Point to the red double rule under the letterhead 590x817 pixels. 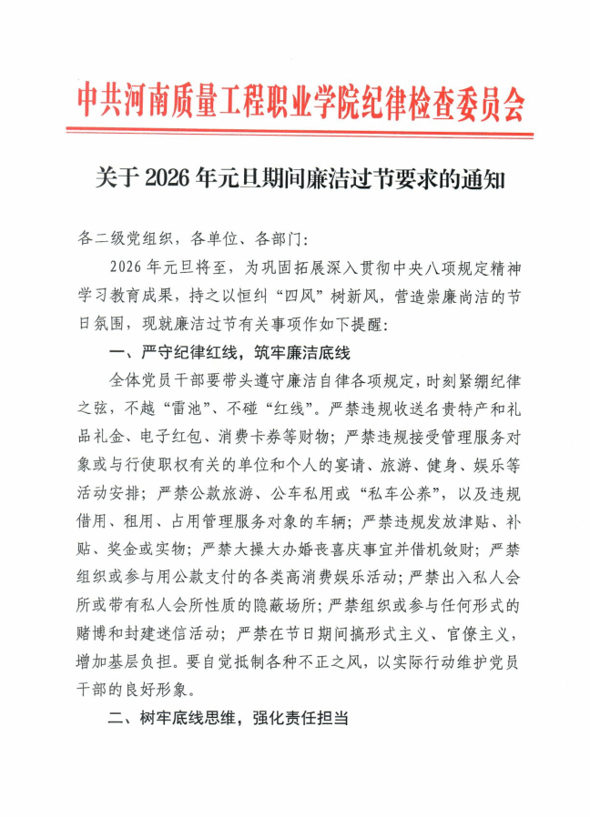pos(300,135)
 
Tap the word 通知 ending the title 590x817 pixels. pos(482,178)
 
